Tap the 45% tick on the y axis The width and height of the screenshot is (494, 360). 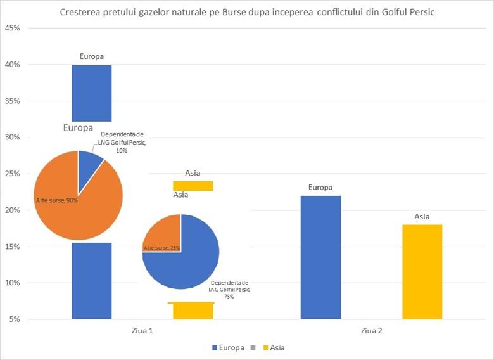(13, 29)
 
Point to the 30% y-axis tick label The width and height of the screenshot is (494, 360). (13, 138)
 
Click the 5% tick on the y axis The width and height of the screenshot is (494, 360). (15, 319)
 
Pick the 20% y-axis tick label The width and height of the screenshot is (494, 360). (13, 210)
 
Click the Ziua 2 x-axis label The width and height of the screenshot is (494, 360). (371, 331)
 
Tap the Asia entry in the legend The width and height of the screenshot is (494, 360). (277, 348)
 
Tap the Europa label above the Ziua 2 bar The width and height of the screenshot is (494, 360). (320, 187)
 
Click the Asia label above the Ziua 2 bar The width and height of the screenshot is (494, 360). (422, 217)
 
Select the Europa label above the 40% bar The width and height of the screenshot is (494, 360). (92, 56)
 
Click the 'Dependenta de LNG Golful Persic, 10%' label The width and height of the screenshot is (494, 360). (123, 143)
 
